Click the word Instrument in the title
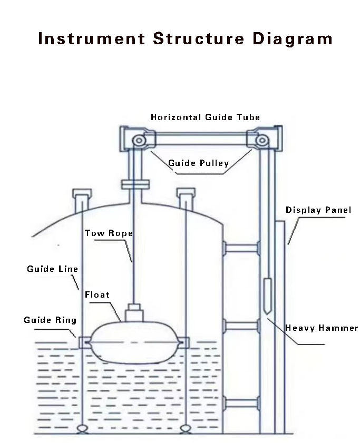[x=92, y=38]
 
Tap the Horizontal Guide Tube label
[x=205, y=117]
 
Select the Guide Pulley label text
[x=198, y=163]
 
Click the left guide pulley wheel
[x=139, y=140]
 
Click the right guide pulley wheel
[x=262, y=140]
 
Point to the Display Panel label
[x=318, y=210]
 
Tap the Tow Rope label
[x=109, y=233]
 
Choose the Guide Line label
[x=52, y=269]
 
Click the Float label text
[x=97, y=294]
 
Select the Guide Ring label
[x=50, y=320]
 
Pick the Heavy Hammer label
[x=322, y=328]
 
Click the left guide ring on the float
[x=84, y=343]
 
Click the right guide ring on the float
[x=183, y=343]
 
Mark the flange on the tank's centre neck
[x=135, y=184]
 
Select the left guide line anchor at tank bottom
[x=82, y=429]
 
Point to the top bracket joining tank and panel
[x=241, y=248]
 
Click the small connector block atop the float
[x=134, y=313]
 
